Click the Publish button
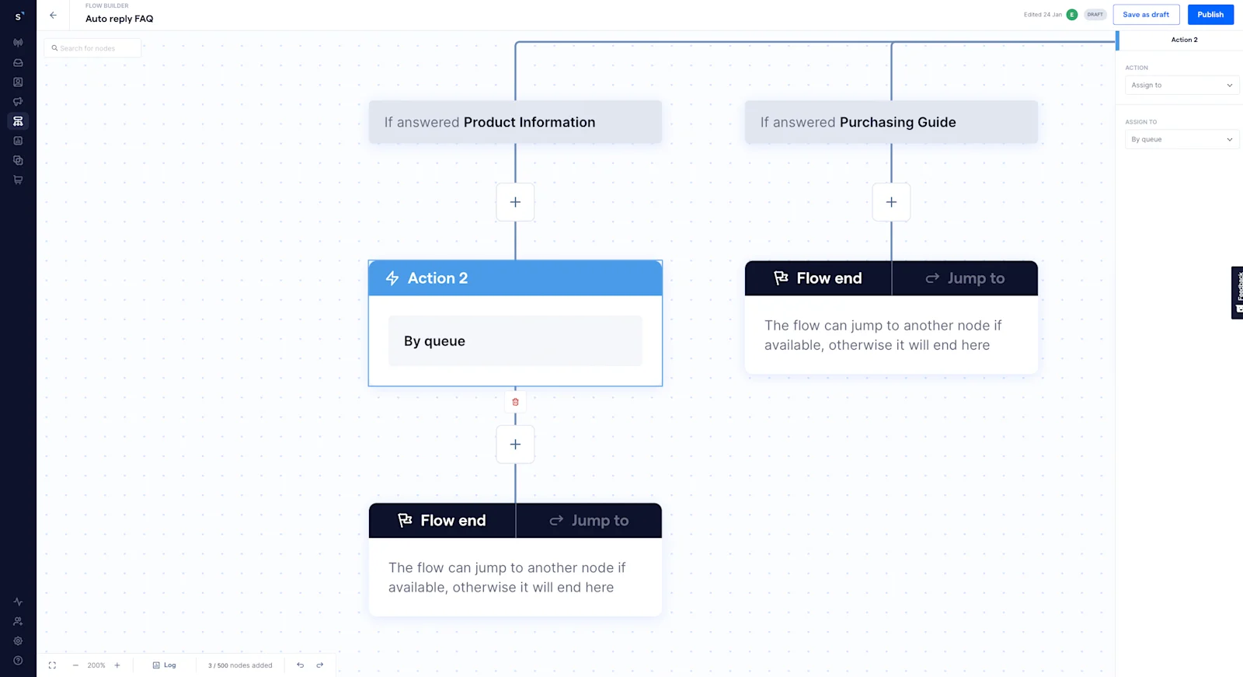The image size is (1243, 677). point(1210,15)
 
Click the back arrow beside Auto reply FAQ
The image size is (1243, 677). point(53,15)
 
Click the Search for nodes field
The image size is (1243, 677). point(93,48)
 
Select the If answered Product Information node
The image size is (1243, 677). point(515,122)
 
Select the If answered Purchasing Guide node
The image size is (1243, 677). point(891,122)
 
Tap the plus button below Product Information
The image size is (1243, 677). point(515,202)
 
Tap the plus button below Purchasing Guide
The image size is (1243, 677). point(891,202)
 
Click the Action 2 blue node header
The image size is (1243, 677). point(515,278)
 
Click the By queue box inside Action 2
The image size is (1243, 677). point(515,341)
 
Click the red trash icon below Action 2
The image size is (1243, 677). point(515,402)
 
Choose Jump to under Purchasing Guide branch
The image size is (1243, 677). point(965,278)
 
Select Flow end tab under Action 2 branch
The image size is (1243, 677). point(442,521)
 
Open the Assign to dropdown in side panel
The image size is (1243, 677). point(1181,85)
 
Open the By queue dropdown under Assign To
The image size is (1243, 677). point(1181,140)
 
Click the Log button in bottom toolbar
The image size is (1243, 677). point(165,665)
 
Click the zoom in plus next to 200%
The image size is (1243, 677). point(117,665)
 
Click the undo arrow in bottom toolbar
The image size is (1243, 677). point(300,665)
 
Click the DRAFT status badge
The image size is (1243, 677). point(1095,15)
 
